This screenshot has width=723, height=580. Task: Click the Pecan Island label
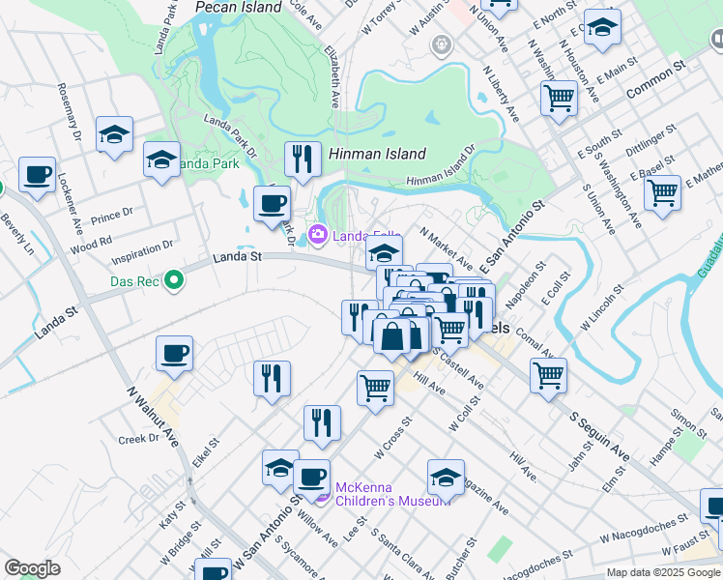[x=239, y=7]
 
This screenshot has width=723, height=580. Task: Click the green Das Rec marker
[x=174, y=281]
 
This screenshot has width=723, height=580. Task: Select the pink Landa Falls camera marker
[x=318, y=235]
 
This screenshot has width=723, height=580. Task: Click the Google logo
[x=33, y=568]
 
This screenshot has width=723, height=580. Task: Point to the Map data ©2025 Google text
[x=663, y=572]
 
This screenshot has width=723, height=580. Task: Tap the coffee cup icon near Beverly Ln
[x=38, y=175]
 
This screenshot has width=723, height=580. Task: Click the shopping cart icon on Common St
[x=559, y=98]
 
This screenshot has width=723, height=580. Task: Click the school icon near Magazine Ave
[x=446, y=477]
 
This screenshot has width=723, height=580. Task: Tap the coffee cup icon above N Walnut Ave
[x=174, y=353]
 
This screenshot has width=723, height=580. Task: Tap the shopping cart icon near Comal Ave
[x=548, y=375]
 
